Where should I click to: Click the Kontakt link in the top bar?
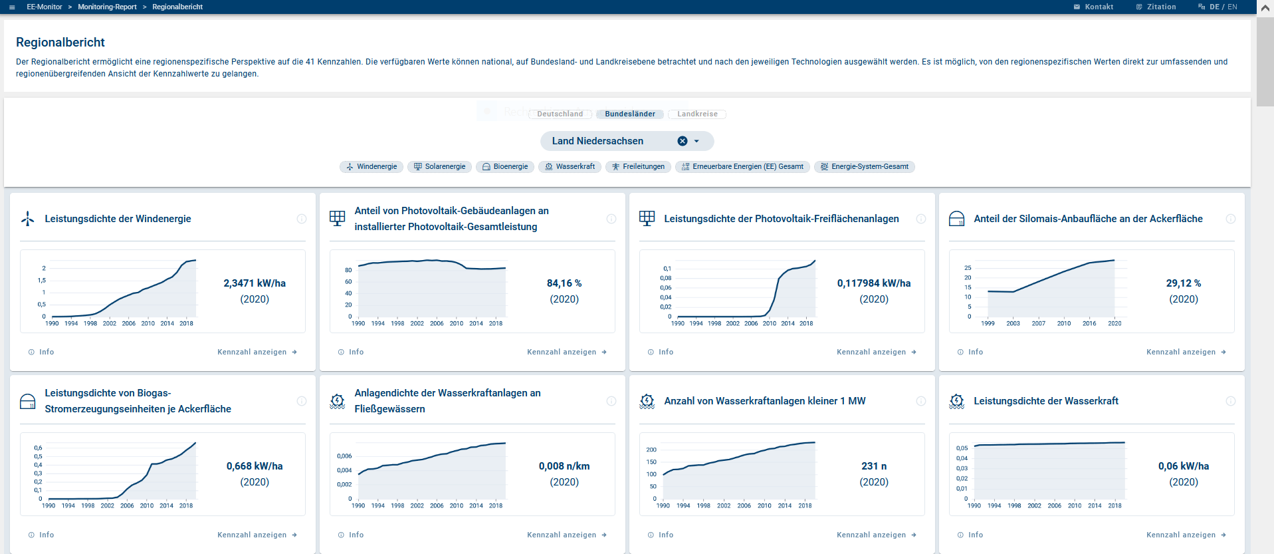1098,7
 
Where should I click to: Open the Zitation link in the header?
1160,7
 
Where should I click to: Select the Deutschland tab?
560,114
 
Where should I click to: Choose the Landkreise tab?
697,114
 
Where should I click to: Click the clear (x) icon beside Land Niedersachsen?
683,141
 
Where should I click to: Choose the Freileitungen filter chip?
638,167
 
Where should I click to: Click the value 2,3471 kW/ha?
255,283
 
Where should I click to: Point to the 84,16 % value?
564,283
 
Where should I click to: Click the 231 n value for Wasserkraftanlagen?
874,466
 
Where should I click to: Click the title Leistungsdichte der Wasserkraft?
1045,401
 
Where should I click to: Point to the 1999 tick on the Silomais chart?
988,324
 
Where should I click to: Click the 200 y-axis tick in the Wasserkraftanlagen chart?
651,450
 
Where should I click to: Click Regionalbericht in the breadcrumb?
177,7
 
